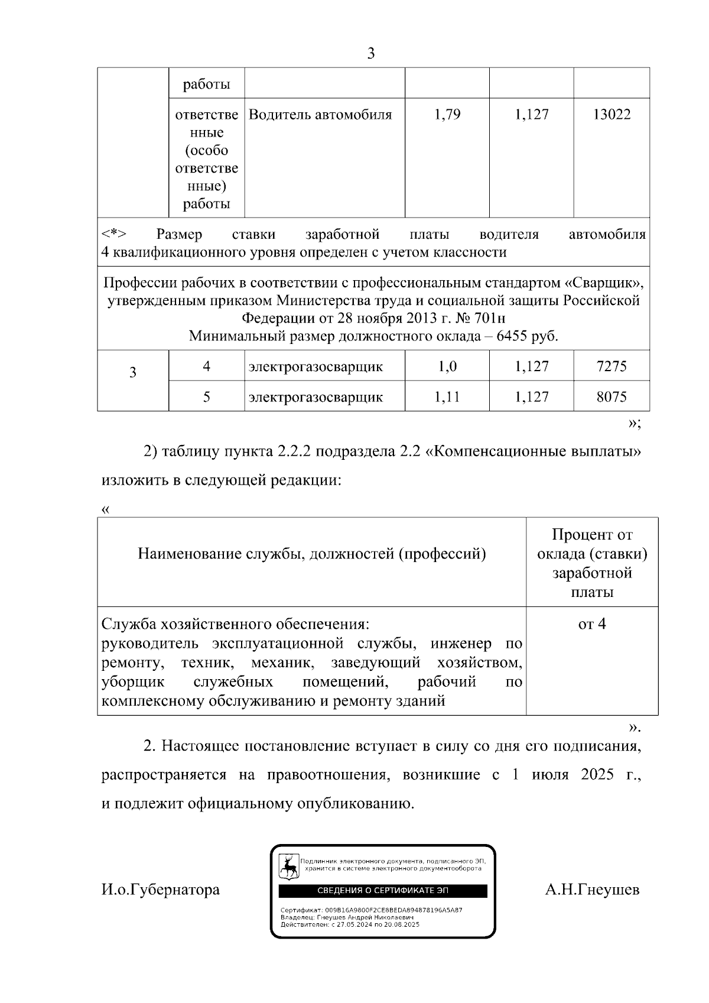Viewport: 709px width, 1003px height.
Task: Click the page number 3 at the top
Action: coord(370,54)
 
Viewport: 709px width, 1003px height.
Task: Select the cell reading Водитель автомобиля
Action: coord(320,115)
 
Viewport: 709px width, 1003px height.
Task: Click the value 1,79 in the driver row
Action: coord(447,115)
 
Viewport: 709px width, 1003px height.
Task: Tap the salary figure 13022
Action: coord(612,115)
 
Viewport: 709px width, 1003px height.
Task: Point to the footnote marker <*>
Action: coord(113,235)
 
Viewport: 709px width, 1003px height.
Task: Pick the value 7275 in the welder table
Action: coord(612,366)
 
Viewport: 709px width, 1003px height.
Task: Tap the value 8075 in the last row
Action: coord(612,397)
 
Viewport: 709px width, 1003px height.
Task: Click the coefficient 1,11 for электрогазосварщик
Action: coord(447,397)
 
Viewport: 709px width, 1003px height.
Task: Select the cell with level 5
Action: coord(206,397)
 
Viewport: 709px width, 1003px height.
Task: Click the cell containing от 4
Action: coord(591,624)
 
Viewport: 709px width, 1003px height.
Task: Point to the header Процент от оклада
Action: coord(592,544)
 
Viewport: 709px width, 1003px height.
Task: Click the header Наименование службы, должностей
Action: coord(311,554)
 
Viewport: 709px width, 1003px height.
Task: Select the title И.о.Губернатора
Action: coord(161,890)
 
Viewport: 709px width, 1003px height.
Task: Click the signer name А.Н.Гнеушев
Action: coord(592,890)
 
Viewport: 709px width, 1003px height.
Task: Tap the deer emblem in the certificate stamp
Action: coord(289,867)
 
